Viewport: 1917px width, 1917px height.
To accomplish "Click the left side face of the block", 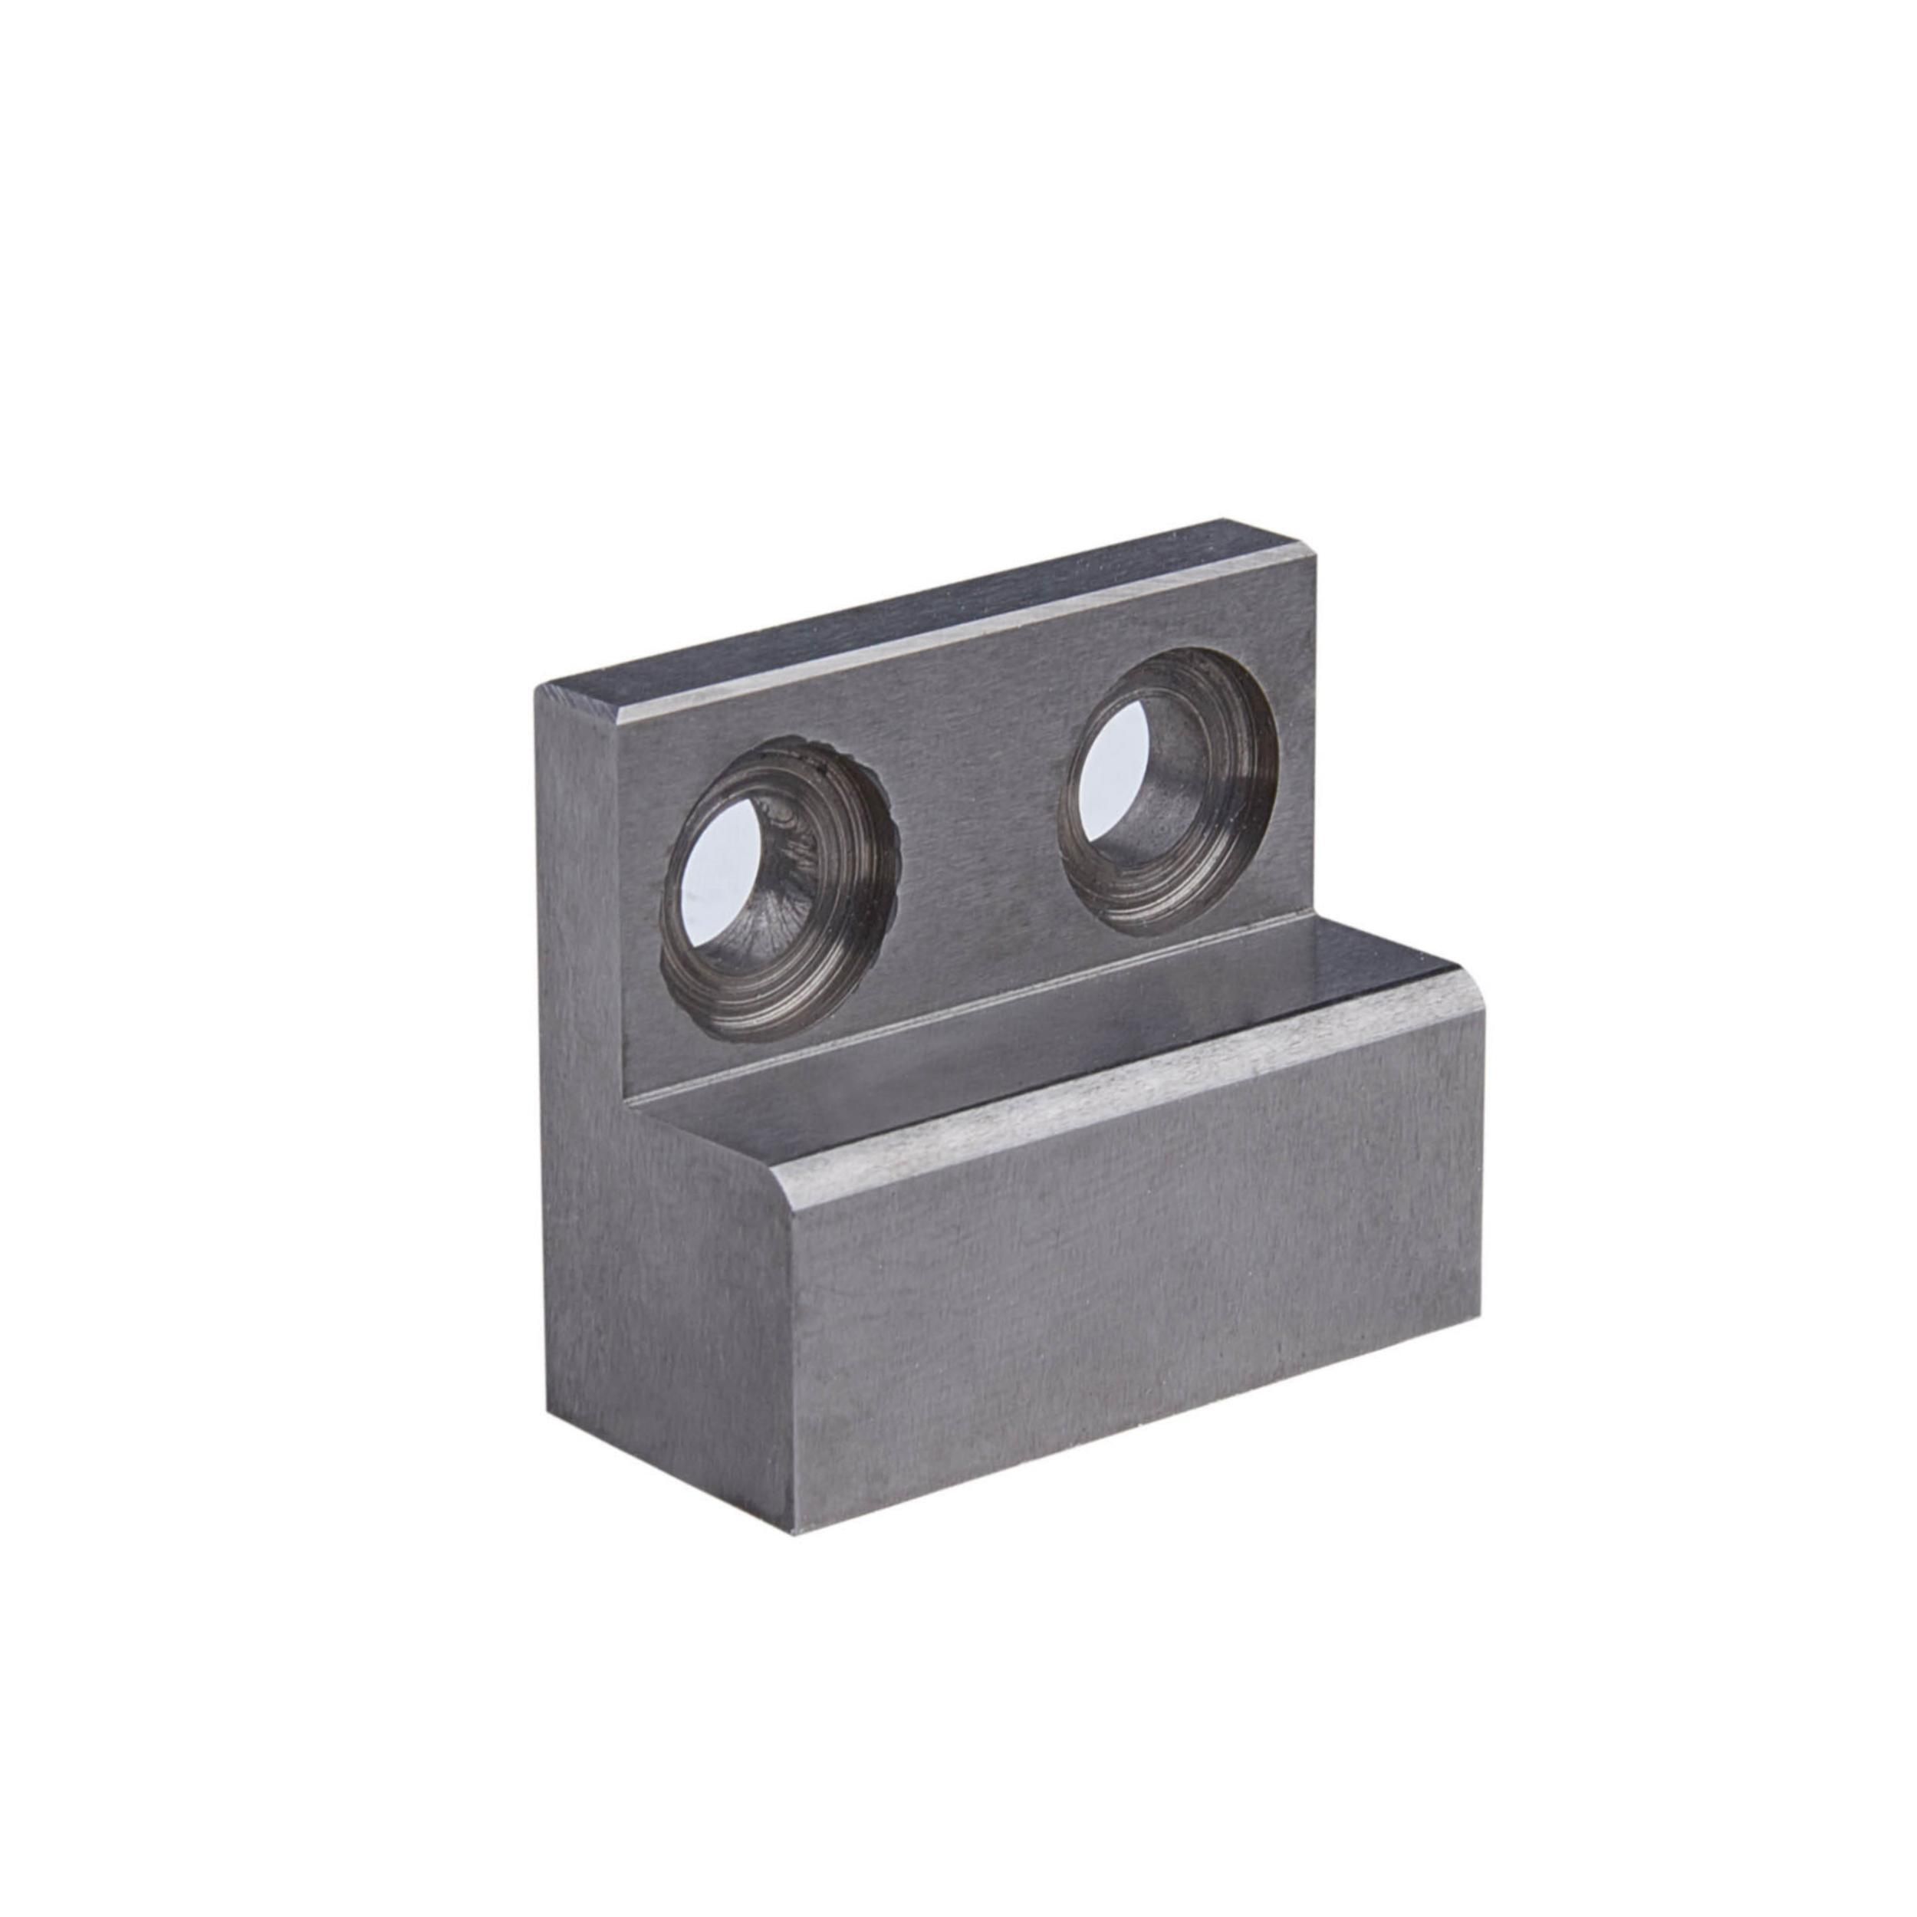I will pyautogui.click(x=655, y=1290).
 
